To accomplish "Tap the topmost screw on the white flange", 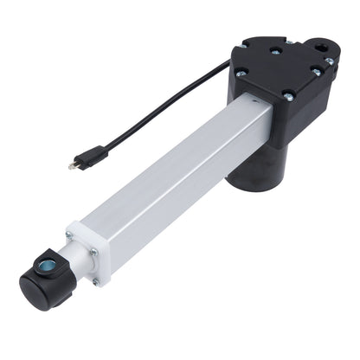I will (x=70, y=235).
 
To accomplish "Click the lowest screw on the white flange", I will (x=97, y=281).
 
